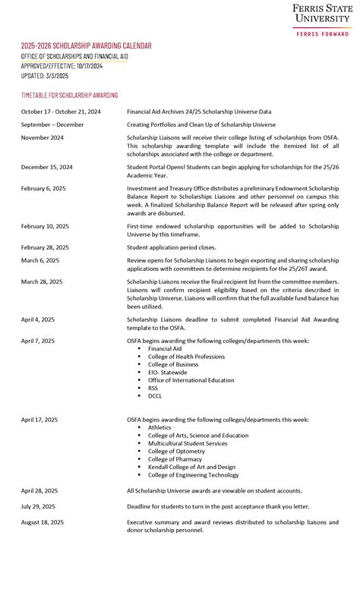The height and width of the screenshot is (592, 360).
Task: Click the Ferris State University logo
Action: pyautogui.click(x=322, y=14)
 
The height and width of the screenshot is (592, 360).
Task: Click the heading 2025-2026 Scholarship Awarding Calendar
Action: pyautogui.click(x=86, y=46)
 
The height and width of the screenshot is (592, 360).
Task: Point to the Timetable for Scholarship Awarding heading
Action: pyautogui.click(x=69, y=95)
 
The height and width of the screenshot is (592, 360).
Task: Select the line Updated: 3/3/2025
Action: pyautogui.click(x=45, y=75)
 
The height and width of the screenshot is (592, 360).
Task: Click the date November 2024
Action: pyautogui.click(x=43, y=137)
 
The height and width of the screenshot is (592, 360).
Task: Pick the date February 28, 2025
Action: pyautogui.click(x=45, y=247)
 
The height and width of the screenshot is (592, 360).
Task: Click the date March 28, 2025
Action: pyautogui.click(x=42, y=282)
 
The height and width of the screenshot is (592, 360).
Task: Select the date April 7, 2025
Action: pyautogui.click(x=38, y=341)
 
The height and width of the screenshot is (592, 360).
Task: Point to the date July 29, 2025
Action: pyautogui.click(x=39, y=506)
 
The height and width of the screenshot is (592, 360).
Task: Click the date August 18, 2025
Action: pyautogui.click(x=43, y=522)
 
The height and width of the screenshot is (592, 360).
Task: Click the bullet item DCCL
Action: pyautogui.click(x=155, y=395)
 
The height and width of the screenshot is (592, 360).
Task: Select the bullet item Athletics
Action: pyautogui.click(x=159, y=427)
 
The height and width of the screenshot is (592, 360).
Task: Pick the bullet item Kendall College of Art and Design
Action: pyautogui.click(x=191, y=467)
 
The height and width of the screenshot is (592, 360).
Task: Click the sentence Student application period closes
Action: pyautogui.click(x=171, y=247)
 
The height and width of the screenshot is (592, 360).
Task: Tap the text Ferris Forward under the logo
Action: pyautogui.click(x=323, y=34)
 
